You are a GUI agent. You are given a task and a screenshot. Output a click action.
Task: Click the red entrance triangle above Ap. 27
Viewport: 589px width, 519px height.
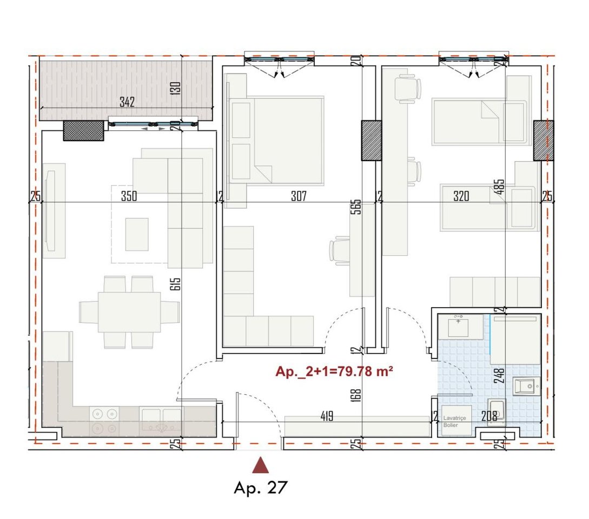261,465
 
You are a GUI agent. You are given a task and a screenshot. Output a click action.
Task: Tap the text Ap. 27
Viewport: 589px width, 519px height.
260,488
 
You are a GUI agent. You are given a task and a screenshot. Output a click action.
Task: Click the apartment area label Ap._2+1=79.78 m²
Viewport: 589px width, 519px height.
334,372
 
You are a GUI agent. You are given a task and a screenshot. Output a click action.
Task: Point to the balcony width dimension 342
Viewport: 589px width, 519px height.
127,102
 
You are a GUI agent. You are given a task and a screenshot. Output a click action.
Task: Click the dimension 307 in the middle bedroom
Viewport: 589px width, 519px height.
299,197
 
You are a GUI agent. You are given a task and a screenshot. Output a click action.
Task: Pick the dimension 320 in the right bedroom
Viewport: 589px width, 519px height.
461,197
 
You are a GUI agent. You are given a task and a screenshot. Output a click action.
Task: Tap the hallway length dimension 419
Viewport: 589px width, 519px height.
326,416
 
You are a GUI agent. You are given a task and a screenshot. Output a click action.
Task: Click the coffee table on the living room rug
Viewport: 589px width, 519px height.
136,234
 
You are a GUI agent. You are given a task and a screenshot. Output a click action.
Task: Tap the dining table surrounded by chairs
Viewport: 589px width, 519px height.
129,312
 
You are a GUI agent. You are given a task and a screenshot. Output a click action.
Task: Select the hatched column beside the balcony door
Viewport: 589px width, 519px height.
83,131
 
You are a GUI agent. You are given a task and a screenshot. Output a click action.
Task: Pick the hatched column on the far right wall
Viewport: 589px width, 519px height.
543,140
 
